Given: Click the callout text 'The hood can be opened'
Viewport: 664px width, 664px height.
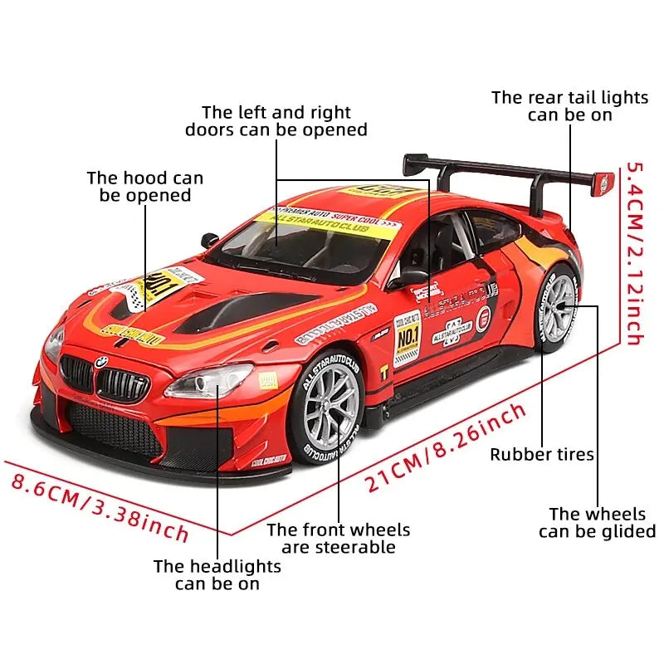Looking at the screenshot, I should [145, 187].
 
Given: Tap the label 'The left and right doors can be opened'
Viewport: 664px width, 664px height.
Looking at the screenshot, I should [276, 120].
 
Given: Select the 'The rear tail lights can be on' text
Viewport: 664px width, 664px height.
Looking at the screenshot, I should [569, 105].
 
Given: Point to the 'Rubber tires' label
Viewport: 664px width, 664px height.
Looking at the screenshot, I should [541, 454].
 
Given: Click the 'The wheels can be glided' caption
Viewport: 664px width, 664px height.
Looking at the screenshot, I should [597, 523].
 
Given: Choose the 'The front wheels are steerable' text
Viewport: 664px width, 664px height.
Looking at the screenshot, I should [338, 538].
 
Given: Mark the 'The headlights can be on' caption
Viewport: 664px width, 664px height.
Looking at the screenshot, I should [217, 574].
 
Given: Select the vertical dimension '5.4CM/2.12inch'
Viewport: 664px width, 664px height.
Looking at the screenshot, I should [632, 253].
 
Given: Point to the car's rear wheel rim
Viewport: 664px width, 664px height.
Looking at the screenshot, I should [559, 308].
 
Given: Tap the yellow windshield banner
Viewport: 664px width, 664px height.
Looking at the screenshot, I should [327, 224].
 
